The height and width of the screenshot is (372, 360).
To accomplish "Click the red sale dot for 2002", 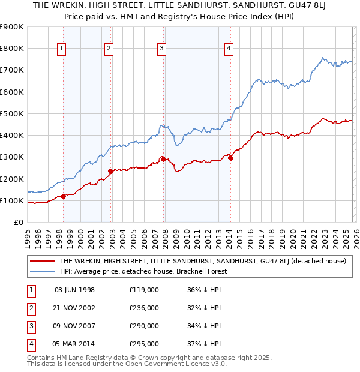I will (110, 171).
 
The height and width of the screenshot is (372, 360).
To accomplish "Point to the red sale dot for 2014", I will (230, 158).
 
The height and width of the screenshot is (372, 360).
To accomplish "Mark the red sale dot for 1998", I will (63, 196).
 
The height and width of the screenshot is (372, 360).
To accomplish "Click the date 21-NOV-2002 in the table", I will (74, 308).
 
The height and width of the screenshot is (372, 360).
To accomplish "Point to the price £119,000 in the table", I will (144, 290).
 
